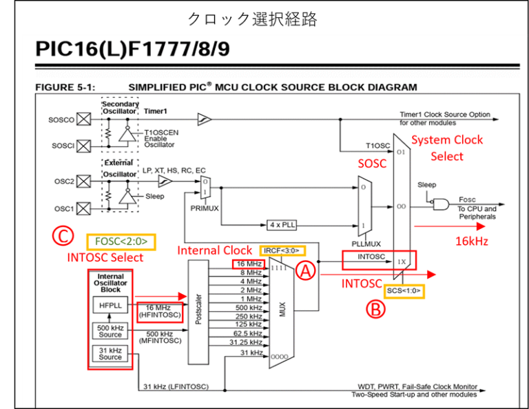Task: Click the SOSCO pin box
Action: [83, 119]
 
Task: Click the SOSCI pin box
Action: [83, 146]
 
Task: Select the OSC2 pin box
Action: [83, 181]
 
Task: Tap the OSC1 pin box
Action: [83, 208]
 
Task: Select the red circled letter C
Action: [62, 237]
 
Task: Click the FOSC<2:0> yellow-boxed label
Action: [121, 241]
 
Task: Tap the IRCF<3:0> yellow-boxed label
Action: [280, 249]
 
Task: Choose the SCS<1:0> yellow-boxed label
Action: [404, 291]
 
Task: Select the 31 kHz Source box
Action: [110, 353]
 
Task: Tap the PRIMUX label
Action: [205, 207]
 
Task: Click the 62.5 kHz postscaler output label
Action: [247, 332]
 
